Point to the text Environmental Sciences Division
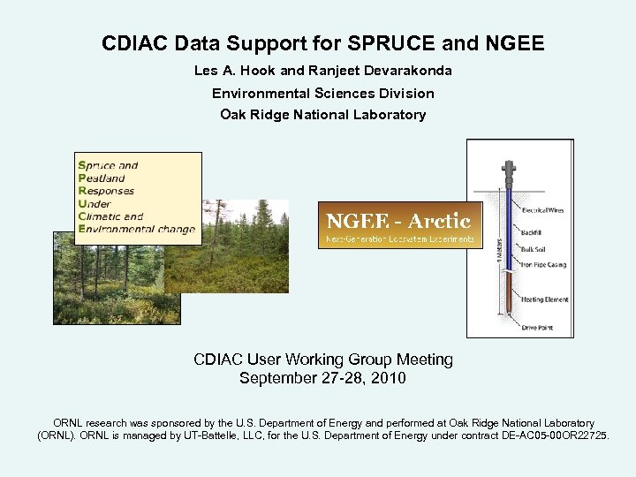[322, 93]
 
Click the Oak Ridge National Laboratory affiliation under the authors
[322, 115]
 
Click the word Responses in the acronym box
[106, 190]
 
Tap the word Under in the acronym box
[95, 203]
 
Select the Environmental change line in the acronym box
[136, 229]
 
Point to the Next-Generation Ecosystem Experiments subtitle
[400, 238]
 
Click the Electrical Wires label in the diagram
[542, 210]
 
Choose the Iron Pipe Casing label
[542, 264]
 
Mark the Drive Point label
[535, 328]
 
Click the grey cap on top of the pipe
[508, 169]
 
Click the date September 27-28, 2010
[322, 378]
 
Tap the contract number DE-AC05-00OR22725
[554, 436]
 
